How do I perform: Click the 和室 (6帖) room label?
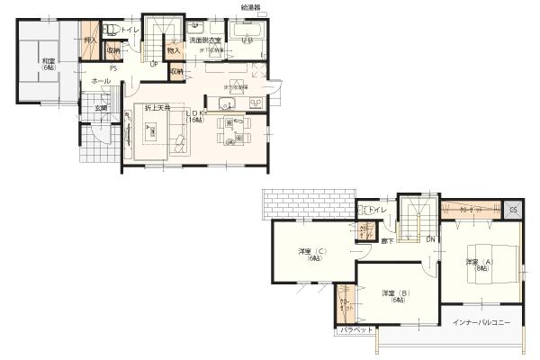49,65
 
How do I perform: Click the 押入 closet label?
90,40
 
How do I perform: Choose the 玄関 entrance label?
103,109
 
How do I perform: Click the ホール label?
102,82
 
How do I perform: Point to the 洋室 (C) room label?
311,254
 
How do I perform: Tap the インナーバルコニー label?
481,321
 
